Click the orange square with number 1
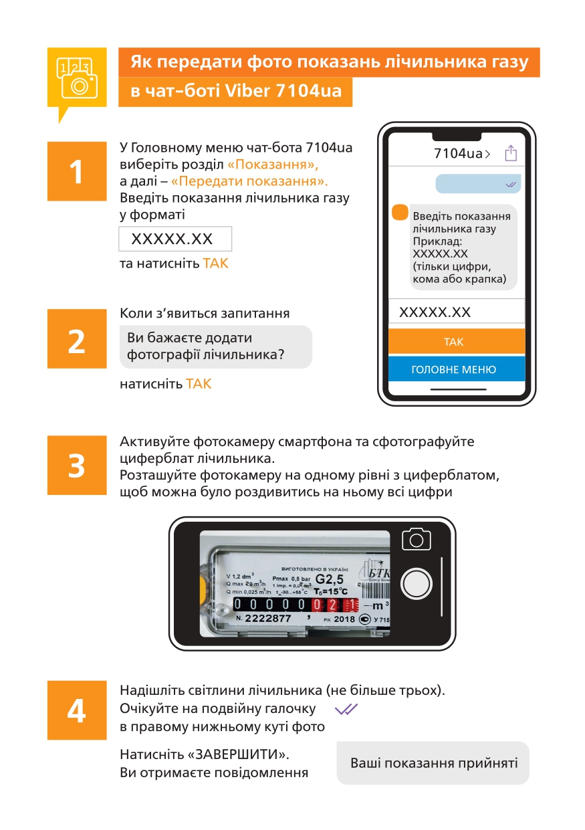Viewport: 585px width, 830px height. coord(77,171)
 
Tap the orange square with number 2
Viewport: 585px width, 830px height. coord(77,338)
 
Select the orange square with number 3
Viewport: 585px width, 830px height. coord(77,465)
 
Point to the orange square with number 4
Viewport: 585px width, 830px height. coord(77,710)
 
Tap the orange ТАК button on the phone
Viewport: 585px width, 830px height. coord(457,341)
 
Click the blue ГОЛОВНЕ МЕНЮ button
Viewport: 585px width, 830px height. coord(457,369)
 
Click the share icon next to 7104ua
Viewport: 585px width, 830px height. coord(511,153)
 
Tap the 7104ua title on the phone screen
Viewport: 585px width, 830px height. coord(461,153)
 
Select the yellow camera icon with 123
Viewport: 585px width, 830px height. coord(77,78)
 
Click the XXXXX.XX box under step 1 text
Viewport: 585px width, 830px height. coord(175,239)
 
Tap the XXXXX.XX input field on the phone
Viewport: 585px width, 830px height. coord(457,311)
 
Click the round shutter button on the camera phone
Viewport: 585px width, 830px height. coord(416,584)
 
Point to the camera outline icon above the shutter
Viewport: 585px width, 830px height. coord(416,539)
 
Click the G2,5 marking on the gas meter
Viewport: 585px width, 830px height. coord(329,579)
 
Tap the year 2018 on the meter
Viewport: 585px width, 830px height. coord(344,619)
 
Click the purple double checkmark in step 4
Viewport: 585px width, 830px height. coord(346,709)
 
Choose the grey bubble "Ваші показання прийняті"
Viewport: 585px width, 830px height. coord(433,763)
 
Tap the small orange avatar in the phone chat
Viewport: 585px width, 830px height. coord(400,212)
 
